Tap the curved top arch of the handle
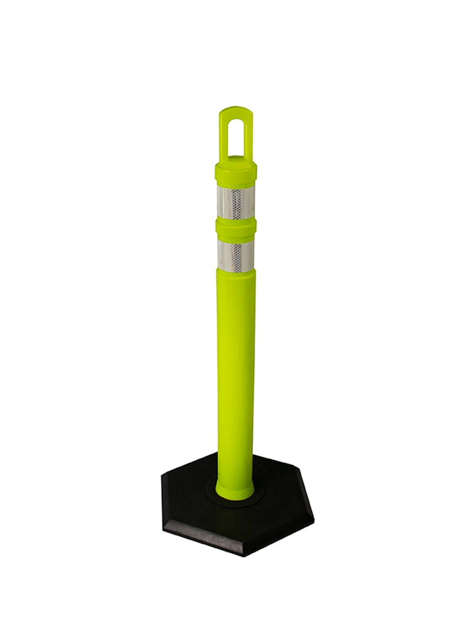235,111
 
